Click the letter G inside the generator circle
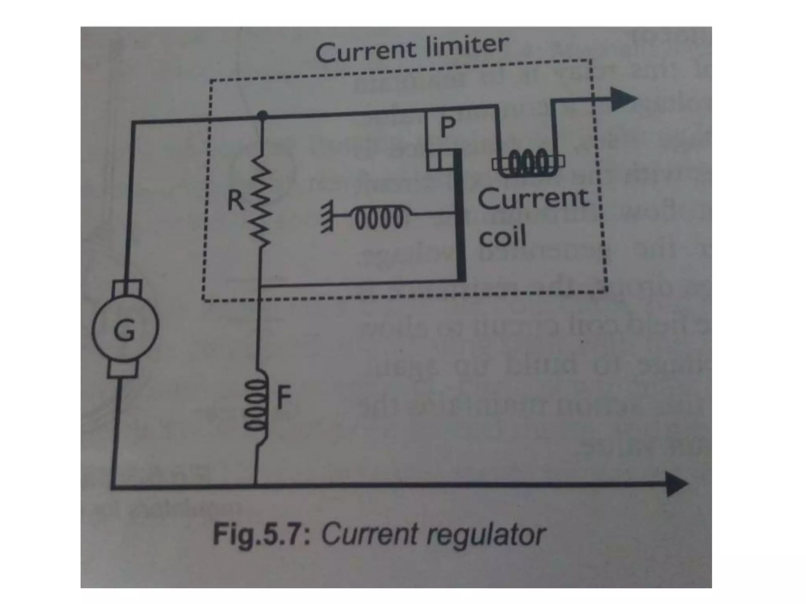(124, 330)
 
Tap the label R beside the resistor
(236, 200)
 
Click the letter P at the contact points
(448, 127)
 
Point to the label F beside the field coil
(284, 397)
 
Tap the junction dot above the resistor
(262, 115)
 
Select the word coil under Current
(502, 237)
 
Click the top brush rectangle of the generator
(127, 289)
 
